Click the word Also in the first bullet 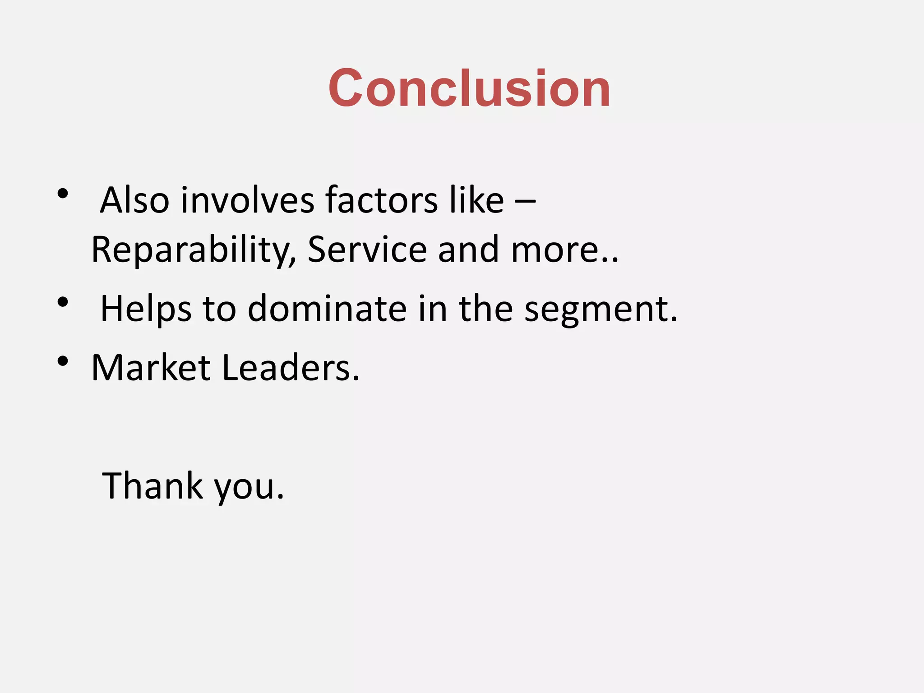134,200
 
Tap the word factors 381,200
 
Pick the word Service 367,249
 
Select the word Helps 146,309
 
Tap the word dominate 327,309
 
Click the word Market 151,368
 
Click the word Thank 152,486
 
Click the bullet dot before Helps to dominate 63,302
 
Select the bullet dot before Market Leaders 63,361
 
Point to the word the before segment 485,309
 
